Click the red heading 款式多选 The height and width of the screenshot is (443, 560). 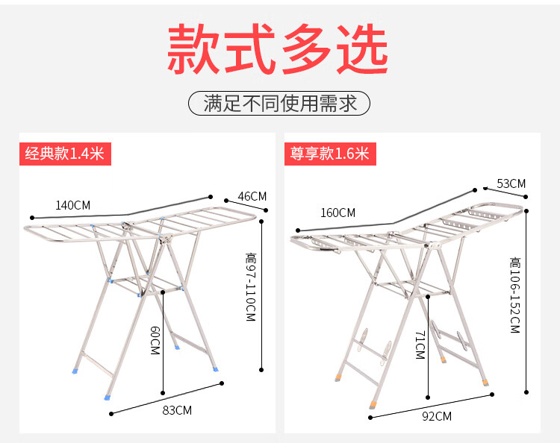[278, 49]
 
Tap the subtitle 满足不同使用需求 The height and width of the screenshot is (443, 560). [279, 103]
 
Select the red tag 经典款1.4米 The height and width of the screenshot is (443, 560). [65, 154]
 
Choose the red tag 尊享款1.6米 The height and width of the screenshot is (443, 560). [330, 154]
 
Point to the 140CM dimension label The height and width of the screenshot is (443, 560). [72, 205]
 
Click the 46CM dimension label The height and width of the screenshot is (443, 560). [252, 196]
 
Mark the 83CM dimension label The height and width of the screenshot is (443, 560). [178, 409]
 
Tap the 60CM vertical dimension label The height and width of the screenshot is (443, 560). [155, 339]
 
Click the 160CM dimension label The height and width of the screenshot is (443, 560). [337, 213]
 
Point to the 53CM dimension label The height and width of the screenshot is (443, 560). [511, 183]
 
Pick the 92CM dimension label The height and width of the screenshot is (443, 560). [437, 416]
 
